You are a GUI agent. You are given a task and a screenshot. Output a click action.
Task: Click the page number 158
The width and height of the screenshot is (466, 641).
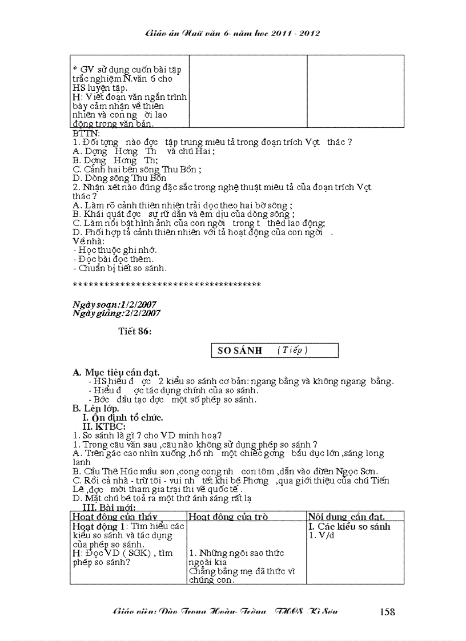click(387, 612)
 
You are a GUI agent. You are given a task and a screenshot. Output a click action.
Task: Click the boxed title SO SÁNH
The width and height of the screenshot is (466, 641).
click(240, 350)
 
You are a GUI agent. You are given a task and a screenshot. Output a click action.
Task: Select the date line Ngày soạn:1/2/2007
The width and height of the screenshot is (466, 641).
click(115, 304)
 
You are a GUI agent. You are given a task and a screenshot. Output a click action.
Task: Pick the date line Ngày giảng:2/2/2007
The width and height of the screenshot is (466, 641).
click(117, 313)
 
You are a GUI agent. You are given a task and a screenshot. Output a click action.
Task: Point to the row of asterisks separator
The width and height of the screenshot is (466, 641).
click(167, 284)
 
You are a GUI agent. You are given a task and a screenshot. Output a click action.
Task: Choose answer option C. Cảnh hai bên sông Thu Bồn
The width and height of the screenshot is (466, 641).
click(137, 169)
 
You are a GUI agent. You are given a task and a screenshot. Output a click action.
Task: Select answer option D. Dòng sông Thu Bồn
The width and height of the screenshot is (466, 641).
click(120, 178)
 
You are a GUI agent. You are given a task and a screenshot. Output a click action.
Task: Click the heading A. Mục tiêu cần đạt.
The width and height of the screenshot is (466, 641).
click(116, 372)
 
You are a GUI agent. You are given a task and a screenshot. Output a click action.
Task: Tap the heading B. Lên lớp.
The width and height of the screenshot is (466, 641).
click(96, 408)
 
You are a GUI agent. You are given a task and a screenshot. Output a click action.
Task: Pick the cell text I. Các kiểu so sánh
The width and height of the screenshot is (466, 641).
click(349, 526)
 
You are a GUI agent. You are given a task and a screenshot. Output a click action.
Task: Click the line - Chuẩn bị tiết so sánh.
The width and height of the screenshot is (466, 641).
click(120, 268)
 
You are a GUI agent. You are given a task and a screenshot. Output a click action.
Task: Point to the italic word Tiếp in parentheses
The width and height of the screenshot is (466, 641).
click(292, 350)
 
